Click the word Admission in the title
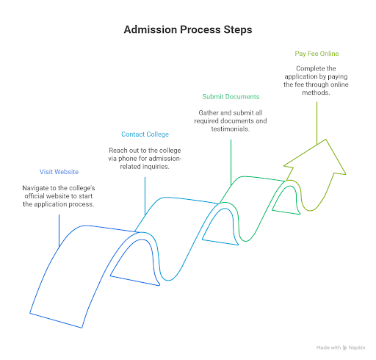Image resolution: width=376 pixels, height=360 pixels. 151,29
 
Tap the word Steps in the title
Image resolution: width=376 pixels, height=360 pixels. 238,30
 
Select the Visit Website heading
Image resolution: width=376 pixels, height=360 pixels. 59,172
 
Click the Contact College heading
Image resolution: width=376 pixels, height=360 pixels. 145,134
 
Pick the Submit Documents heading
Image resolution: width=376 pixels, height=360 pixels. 231,97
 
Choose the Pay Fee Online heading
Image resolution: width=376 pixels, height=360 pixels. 317,54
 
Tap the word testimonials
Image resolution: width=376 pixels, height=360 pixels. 231,129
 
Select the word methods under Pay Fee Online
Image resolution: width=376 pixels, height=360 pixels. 316,93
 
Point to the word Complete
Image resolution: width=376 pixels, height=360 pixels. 308,68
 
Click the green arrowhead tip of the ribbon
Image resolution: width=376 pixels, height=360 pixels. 325,140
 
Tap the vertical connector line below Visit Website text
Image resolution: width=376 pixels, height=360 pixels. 59,231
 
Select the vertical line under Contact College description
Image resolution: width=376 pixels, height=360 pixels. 145,196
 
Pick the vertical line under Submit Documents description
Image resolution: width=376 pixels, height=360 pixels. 231,162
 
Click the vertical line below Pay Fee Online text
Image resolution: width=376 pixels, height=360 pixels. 317,123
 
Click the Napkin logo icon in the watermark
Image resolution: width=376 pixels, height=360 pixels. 344,348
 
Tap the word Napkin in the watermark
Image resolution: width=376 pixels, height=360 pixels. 357,348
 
